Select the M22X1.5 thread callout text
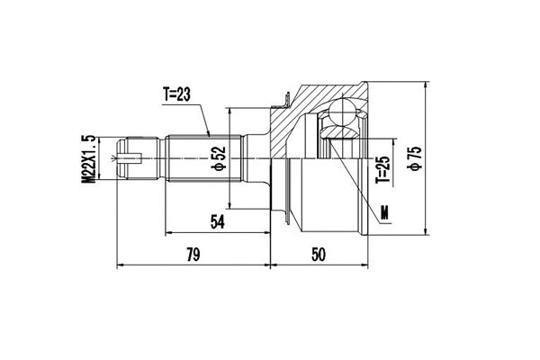point(88,160)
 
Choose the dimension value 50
point(317,256)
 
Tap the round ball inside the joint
point(342,113)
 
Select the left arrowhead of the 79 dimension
point(121,266)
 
